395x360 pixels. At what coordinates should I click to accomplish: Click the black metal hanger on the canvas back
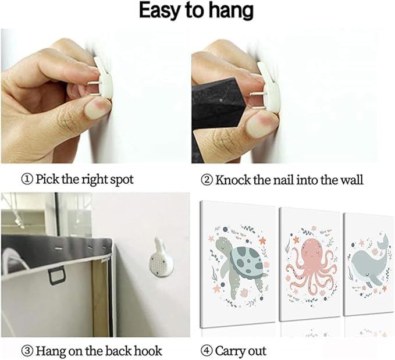[57, 276]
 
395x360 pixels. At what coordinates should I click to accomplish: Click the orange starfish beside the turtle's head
[262, 240]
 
